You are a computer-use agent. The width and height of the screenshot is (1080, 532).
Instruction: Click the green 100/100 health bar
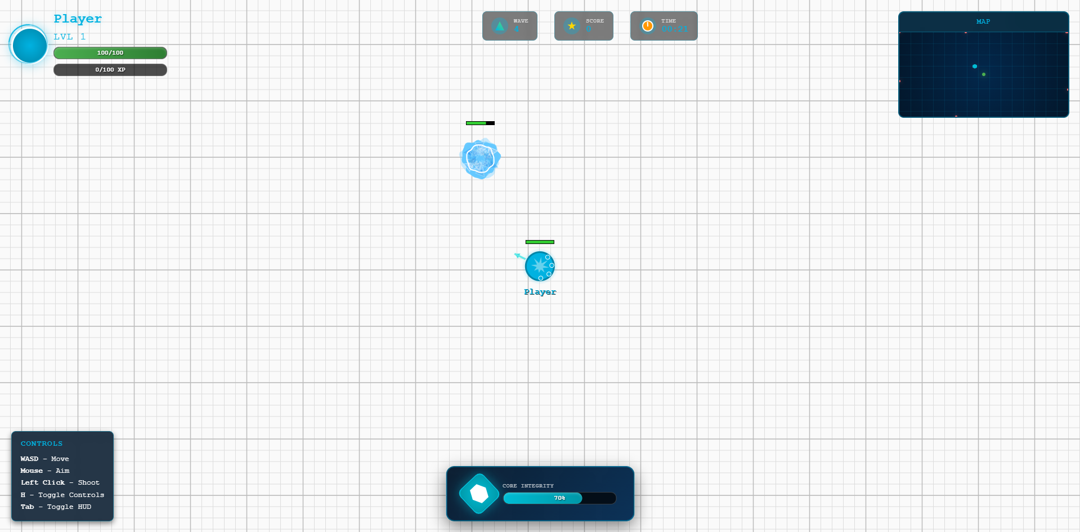point(110,53)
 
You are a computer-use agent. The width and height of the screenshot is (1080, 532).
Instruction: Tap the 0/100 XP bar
point(110,70)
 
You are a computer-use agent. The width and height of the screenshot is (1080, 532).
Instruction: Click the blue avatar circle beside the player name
point(29,45)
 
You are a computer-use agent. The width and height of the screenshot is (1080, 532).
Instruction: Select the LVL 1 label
point(70,37)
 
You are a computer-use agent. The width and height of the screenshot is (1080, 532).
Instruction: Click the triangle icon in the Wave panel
point(499,26)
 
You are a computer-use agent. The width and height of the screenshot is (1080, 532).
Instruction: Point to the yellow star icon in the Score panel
point(572,26)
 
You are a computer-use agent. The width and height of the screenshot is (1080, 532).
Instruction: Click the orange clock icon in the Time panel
point(648,26)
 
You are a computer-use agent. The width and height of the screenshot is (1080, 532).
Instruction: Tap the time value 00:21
point(674,29)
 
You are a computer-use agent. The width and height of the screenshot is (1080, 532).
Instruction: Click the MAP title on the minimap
point(983,21)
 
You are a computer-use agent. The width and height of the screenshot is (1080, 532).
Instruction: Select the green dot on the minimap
point(984,74)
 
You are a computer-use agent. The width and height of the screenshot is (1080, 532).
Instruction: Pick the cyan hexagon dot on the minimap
point(975,66)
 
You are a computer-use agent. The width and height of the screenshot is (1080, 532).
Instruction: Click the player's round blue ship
point(540,266)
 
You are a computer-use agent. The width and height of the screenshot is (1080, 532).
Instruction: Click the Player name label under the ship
point(540,292)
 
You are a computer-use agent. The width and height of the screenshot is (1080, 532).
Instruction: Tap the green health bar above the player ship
point(540,242)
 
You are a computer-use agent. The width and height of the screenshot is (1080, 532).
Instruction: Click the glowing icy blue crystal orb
point(480,159)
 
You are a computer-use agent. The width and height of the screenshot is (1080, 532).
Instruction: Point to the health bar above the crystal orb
point(480,123)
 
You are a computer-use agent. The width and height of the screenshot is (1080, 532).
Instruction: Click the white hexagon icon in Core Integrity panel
point(479,494)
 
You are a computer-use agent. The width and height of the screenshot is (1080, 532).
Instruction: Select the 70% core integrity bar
point(559,498)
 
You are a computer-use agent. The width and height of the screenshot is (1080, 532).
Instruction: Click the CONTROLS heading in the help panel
point(42,444)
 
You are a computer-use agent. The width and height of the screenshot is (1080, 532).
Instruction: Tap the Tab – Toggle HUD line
point(56,507)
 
